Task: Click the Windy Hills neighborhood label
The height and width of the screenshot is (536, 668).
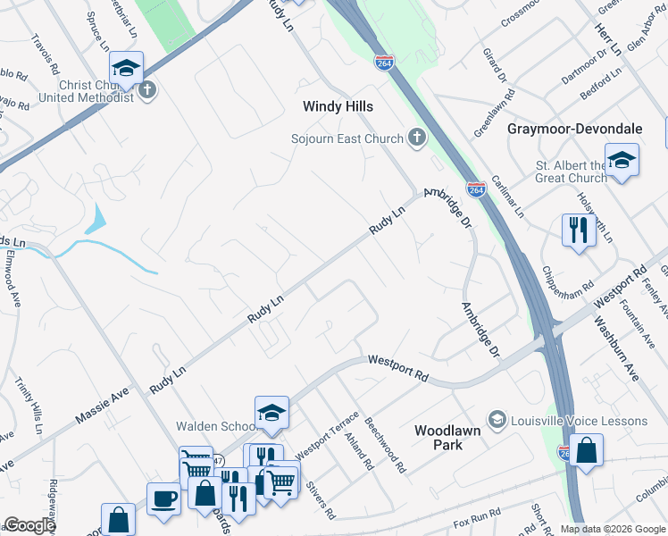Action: tap(338, 106)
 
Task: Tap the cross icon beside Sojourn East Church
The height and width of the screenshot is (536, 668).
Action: tap(415, 138)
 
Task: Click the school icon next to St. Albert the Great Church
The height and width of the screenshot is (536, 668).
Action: tap(622, 161)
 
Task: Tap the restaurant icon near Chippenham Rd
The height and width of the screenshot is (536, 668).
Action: tap(579, 230)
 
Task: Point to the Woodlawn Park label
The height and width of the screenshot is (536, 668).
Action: tap(451, 437)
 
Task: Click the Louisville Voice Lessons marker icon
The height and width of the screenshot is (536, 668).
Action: tap(497, 420)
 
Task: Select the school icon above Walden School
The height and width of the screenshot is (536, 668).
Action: tap(271, 412)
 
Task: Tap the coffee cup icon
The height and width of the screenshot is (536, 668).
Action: tap(163, 498)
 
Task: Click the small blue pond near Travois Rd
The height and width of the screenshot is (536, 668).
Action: tap(96, 220)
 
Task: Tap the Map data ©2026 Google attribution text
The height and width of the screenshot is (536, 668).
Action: tap(612, 529)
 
